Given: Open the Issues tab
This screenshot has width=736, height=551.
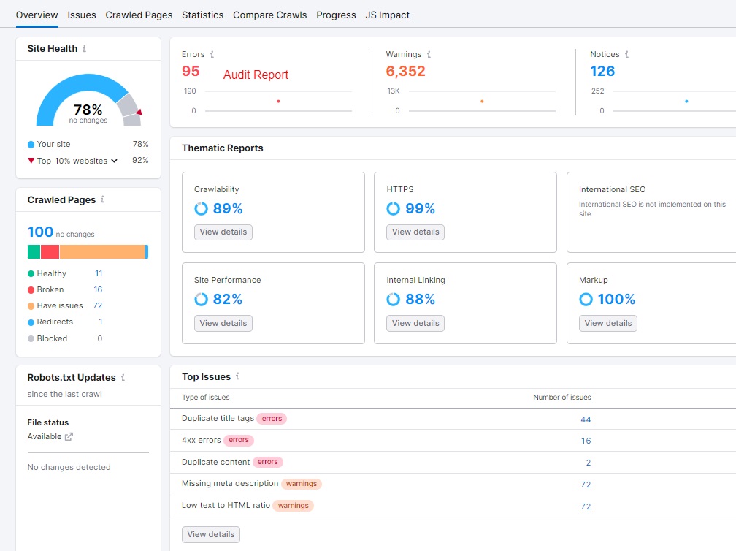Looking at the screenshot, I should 82,15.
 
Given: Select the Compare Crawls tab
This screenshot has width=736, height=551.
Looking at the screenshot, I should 269,15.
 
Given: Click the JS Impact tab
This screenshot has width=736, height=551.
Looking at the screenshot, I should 387,15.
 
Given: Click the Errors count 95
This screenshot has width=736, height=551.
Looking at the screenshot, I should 191,71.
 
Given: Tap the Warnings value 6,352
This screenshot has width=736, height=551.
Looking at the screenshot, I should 405,71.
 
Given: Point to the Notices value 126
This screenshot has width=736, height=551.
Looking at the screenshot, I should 602,71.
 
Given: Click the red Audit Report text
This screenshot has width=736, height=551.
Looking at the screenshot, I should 256,75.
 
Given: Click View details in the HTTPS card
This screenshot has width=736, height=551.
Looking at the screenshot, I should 415,232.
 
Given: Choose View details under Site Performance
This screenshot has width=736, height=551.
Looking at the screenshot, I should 223,323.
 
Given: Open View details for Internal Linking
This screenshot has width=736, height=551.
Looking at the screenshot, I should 415,323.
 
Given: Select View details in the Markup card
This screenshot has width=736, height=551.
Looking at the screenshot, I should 608,323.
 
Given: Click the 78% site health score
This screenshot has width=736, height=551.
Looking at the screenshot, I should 88,110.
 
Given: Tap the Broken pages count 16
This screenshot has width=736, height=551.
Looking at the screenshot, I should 98,289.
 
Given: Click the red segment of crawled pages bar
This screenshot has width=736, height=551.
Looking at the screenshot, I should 50,251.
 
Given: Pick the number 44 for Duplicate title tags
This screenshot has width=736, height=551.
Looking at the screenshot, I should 586,419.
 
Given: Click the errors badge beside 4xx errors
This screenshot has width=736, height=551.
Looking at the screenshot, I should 239,440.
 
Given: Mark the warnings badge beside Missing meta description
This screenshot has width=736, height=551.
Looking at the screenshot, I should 302,484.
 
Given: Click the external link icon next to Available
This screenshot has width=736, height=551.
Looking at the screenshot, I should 69,437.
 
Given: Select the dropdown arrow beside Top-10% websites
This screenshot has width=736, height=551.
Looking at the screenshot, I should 115,161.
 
